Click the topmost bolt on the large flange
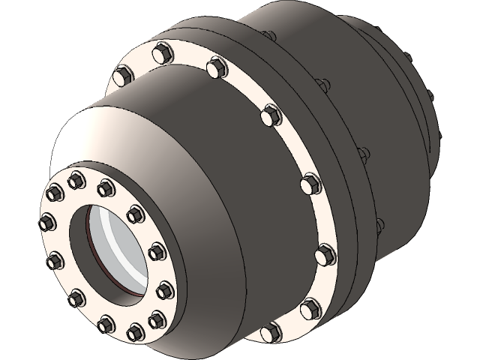162,52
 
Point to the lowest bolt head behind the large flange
379,224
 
